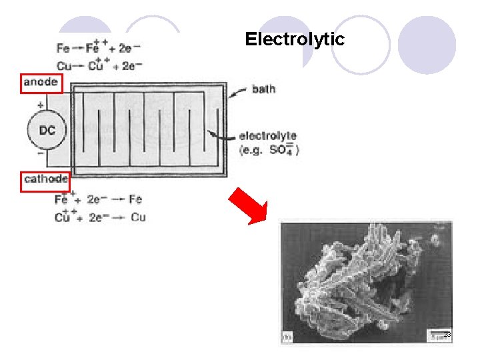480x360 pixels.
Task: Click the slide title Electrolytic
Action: pos(295,39)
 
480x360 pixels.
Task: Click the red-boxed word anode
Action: pos(40,83)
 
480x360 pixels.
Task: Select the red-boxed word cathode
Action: pos(45,179)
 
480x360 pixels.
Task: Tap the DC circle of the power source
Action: pos(47,131)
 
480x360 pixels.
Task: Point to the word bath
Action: pos(263,88)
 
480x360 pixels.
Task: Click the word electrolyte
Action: pos(268,136)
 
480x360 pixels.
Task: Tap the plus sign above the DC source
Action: pos(41,105)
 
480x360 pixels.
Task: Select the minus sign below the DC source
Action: pos(41,153)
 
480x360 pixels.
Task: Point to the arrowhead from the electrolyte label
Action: pos(213,134)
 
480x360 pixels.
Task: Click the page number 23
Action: pos(447,335)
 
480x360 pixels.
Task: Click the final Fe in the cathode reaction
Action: pos(135,199)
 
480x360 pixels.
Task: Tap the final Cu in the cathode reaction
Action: pos(138,217)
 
